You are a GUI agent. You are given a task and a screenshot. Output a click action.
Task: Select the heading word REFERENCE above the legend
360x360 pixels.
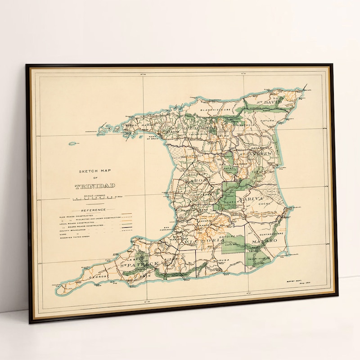94,210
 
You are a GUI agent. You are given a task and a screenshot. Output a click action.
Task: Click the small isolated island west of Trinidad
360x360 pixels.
72,144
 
